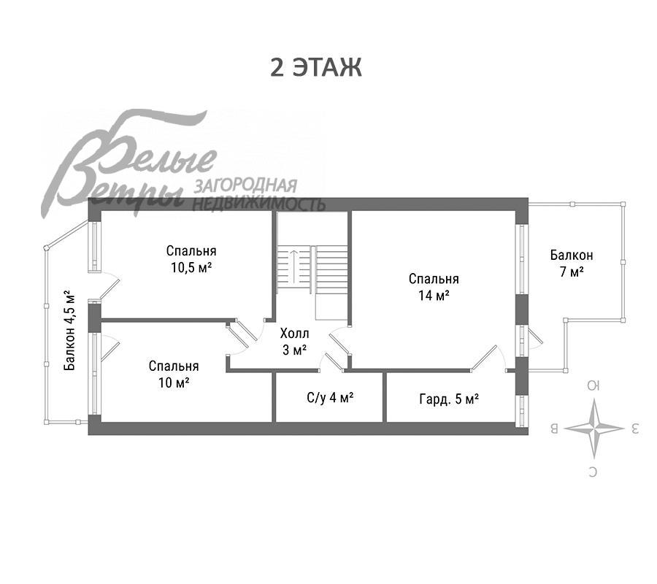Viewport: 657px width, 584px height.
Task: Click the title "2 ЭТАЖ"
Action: coord(316,67)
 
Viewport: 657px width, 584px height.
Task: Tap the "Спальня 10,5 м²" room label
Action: coord(191,259)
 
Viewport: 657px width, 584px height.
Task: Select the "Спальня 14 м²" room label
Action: coord(434,288)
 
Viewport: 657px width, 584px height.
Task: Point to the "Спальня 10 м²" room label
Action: coord(174,374)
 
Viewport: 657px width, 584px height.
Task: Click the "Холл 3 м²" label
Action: coord(295,342)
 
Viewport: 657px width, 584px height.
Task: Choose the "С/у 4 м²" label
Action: coord(330,397)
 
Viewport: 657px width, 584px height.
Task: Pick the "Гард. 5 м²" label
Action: coord(449,399)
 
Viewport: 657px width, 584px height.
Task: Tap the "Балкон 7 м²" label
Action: coord(572,263)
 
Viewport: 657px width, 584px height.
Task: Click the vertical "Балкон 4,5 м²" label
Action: coord(70,330)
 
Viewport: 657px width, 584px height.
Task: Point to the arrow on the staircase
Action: coord(294,266)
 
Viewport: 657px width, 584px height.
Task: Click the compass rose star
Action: coord(593,429)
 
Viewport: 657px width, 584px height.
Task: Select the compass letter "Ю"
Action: coord(593,385)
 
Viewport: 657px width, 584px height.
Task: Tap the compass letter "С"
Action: coord(593,472)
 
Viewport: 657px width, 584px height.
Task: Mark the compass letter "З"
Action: coord(634,429)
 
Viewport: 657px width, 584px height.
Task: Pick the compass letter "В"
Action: coord(554,429)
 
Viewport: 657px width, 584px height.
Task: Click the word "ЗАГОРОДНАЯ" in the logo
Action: coord(245,185)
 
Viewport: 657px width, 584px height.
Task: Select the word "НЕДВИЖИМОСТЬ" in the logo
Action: coord(258,204)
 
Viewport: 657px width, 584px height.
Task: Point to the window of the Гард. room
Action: coord(522,412)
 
